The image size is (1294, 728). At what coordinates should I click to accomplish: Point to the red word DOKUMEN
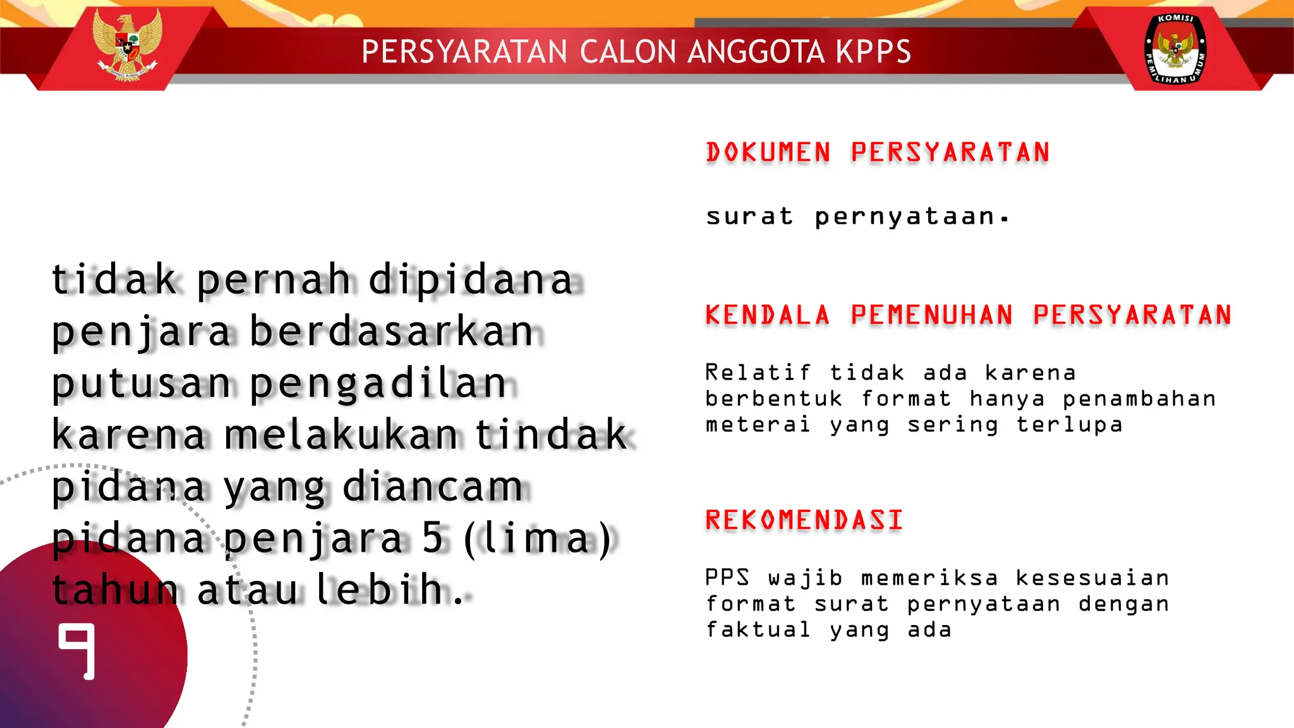(768, 153)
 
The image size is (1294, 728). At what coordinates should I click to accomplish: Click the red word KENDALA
(767, 315)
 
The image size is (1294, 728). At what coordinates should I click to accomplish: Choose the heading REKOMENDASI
(804, 520)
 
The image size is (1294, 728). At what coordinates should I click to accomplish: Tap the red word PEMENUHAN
(932, 315)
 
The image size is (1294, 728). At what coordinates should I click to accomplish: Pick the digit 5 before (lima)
(433, 538)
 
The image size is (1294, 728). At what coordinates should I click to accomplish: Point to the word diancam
(433, 487)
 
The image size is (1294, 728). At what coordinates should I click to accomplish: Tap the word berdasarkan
(392, 332)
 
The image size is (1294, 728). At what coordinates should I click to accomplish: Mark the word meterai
(758, 425)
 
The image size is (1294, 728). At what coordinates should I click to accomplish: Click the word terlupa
(1069, 425)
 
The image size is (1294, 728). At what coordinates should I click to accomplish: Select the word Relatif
(758, 373)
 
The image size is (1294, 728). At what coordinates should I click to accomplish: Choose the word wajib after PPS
(805, 578)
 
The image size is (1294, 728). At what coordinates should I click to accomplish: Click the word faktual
(758, 630)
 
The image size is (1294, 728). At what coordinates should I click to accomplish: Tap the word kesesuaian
(1092, 578)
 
